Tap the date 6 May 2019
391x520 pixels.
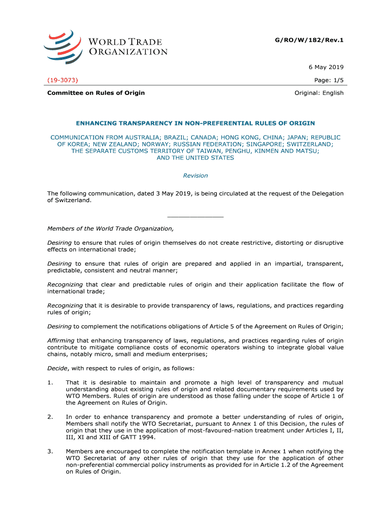[326, 67]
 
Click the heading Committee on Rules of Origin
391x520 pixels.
[96, 92]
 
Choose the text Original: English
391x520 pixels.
[319, 92]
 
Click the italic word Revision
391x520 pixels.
[195, 176]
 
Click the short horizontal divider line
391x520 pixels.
[195, 217]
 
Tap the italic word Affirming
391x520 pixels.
[60, 340]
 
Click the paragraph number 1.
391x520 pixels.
[50, 382]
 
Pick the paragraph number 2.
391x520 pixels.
[50, 417]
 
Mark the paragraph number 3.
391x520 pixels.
[50, 451]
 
